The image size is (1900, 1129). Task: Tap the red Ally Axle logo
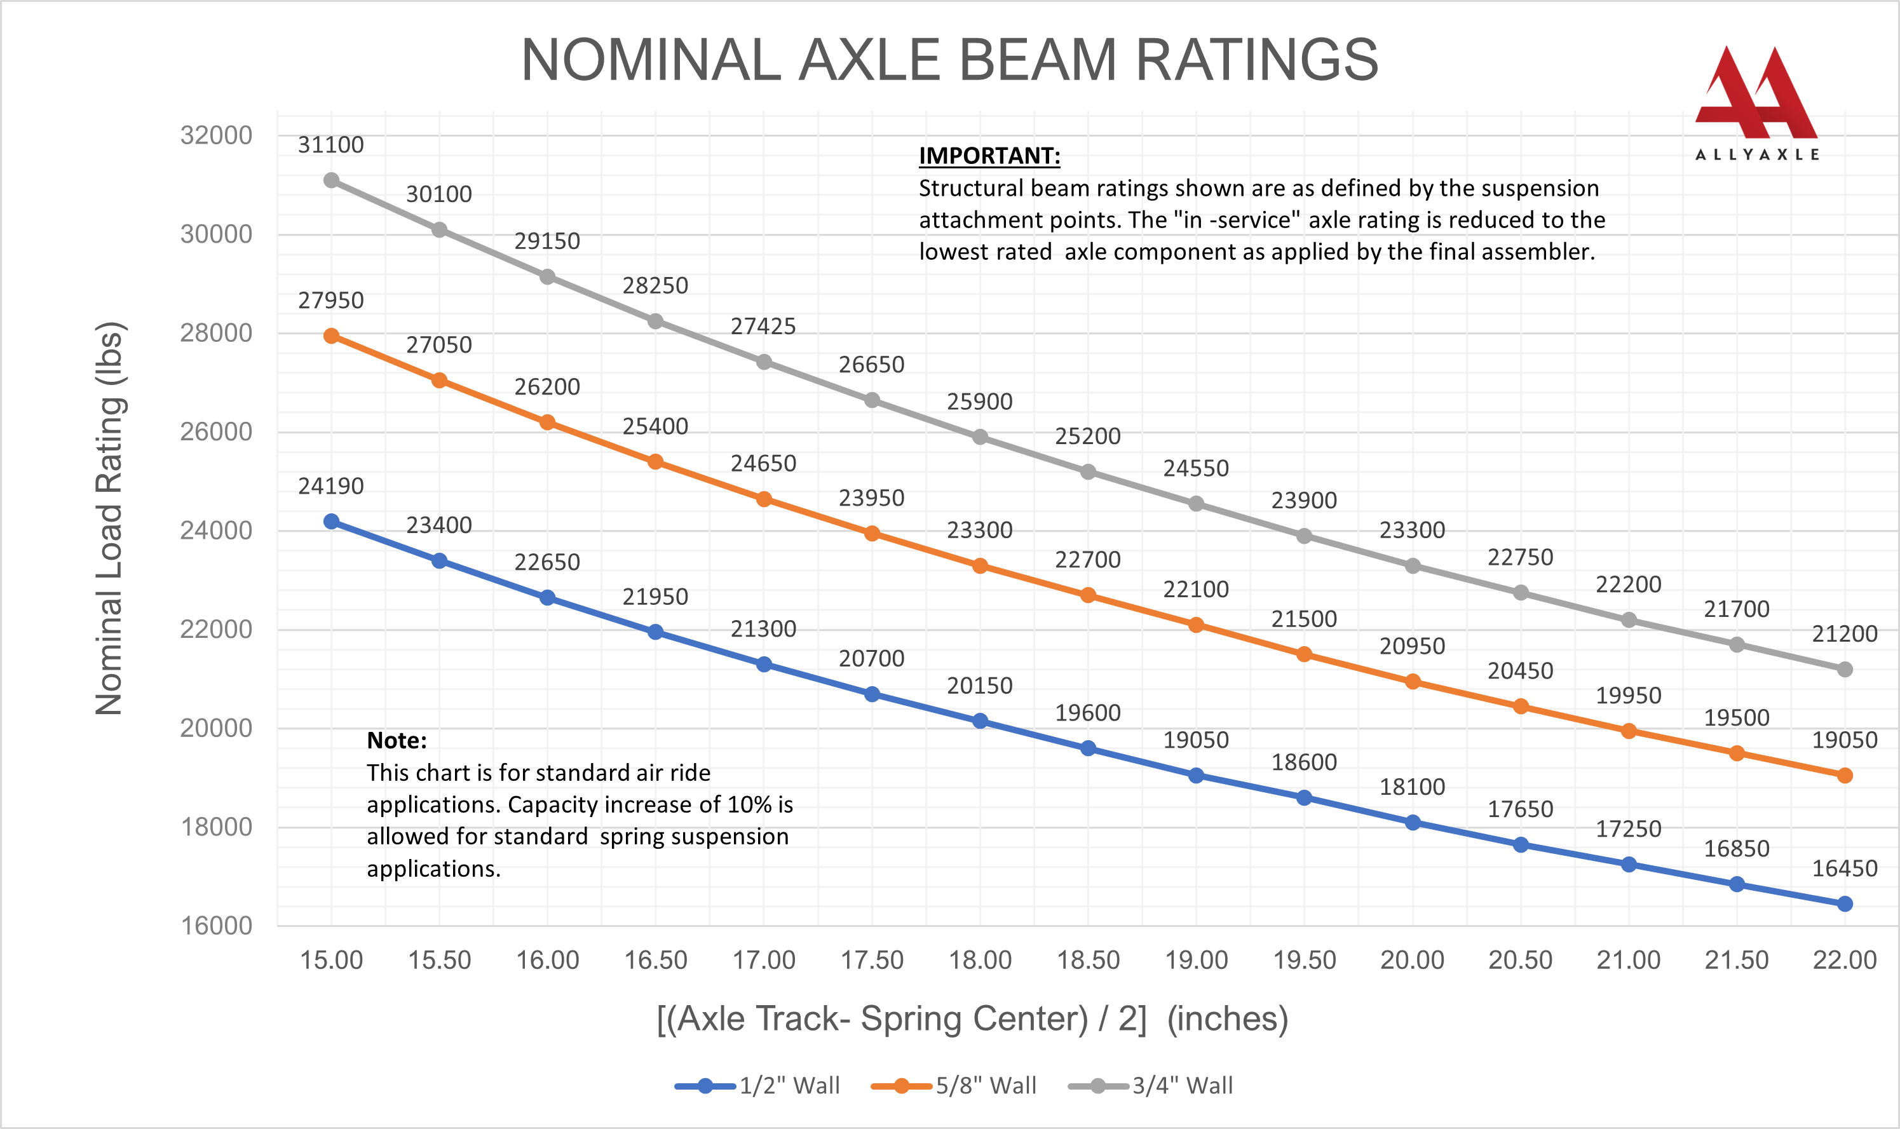(x=1756, y=95)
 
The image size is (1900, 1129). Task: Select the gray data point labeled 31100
(x=331, y=180)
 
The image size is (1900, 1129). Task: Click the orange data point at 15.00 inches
(x=331, y=335)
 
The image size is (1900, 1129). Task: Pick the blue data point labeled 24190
(x=331, y=521)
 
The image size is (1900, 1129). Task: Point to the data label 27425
(x=763, y=327)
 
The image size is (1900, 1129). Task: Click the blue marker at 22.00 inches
(x=1845, y=904)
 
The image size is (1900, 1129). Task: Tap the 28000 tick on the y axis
(x=216, y=332)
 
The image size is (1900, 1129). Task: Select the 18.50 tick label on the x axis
(x=1088, y=960)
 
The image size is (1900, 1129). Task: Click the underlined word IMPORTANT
(x=989, y=156)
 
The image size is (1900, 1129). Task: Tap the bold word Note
(x=397, y=740)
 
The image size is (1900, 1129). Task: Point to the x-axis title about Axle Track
(x=972, y=1018)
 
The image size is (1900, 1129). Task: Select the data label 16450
(x=1845, y=868)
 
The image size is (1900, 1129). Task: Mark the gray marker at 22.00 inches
(x=1845, y=670)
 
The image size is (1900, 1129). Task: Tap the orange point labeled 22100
(x=1196, y=625)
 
